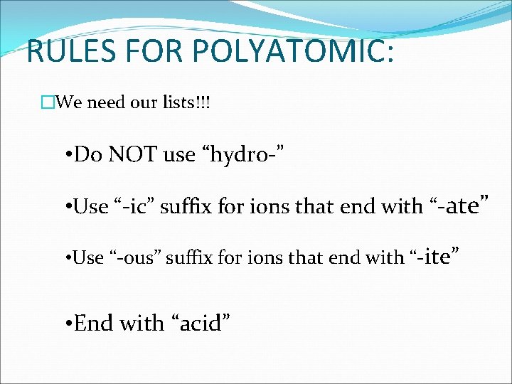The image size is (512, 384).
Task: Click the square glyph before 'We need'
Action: (48, 103)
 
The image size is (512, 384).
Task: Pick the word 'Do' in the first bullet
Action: (88, 154)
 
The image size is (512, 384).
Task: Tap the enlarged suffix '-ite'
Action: (434, 256)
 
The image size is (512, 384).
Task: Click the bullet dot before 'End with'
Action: (66, 324)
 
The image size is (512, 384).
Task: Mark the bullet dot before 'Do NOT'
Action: (66, 155)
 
